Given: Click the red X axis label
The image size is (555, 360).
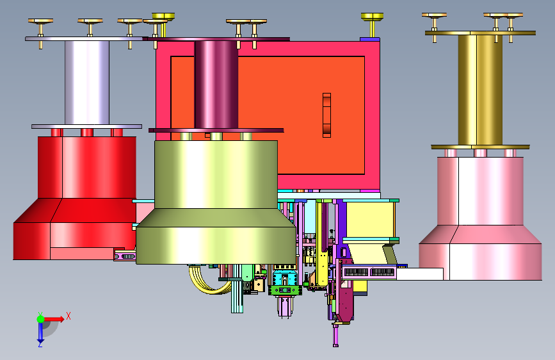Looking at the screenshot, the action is pyautogui.click(x=68, y=316).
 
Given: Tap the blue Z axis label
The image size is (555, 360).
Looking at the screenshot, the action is pyautogui.click(x=40, y=344).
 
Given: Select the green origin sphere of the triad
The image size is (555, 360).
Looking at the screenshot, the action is pyautogui.click(x=41, y=319).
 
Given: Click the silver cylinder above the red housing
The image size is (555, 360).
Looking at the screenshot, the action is pyautogui.click(x=87, y=83).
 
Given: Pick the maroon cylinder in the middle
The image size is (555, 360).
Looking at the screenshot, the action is pyautogui.click(x=216, y=85).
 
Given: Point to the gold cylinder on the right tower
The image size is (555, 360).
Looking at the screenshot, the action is pyautogui.click(x=480, y=90).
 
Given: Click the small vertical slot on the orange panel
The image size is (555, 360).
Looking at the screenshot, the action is pyautogui.click(x=326, y=115).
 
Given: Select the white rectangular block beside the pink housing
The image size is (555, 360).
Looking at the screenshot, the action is pyautogui.click(x=420, y=274).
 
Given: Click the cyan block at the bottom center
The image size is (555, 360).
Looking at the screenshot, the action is pyautogui.click(x=284, y=277).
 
